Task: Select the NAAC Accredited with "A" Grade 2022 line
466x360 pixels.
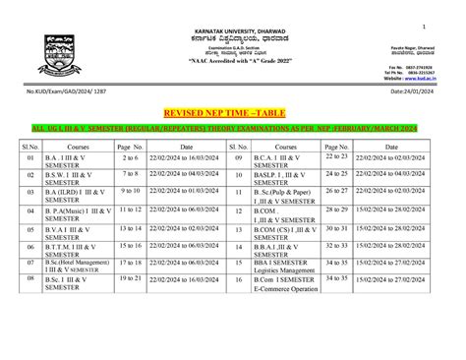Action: point(233,61)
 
